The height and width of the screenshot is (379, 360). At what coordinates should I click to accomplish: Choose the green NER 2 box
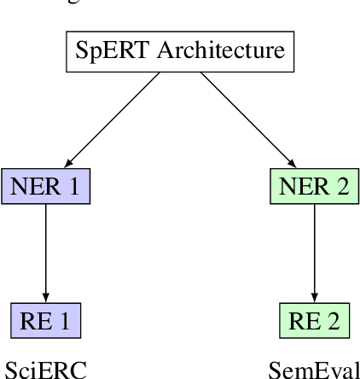pyautogui.click(x=314, y=185)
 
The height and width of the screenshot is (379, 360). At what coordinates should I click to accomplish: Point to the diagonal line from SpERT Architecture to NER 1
pyautogui.click(x=113, y=119)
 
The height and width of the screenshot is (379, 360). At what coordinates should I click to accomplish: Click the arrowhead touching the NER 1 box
pyautogui.click(x=67, y=163)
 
